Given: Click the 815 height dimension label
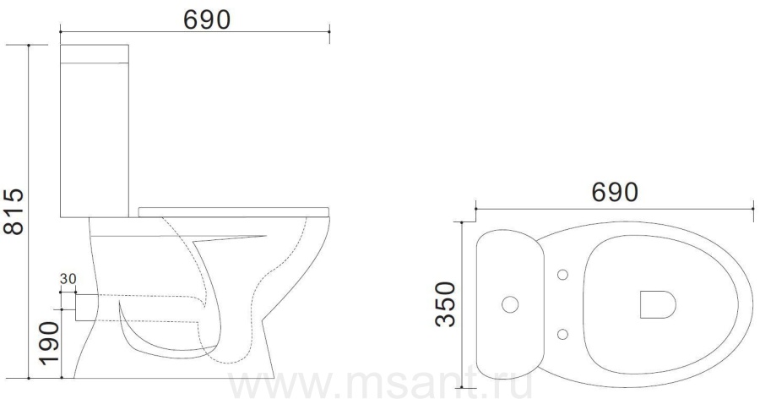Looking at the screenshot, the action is pyautogui.click(x=14, y=211).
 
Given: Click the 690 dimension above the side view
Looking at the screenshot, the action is pyautogui.click(x=207, y=19).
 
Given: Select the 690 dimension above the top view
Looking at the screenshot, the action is pyautogui.click(x=615, y=192).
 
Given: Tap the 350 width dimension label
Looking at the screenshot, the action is pyautogui.click(x=445, y=304).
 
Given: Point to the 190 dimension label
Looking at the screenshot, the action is pyautogui.click(x=49, y=343).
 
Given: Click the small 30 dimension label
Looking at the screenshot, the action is pyautogui.click(x=68, y=279).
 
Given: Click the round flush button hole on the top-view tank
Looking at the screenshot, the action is pyautogui.click(x=510, y=304).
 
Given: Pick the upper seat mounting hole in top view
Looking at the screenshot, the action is pyautogui.click(x=562, y=275).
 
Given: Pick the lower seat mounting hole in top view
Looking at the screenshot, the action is pyautogui.click(x=562, y=334).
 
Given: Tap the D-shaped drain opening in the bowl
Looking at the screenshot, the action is pyautogui.click(x=657, y=304).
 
